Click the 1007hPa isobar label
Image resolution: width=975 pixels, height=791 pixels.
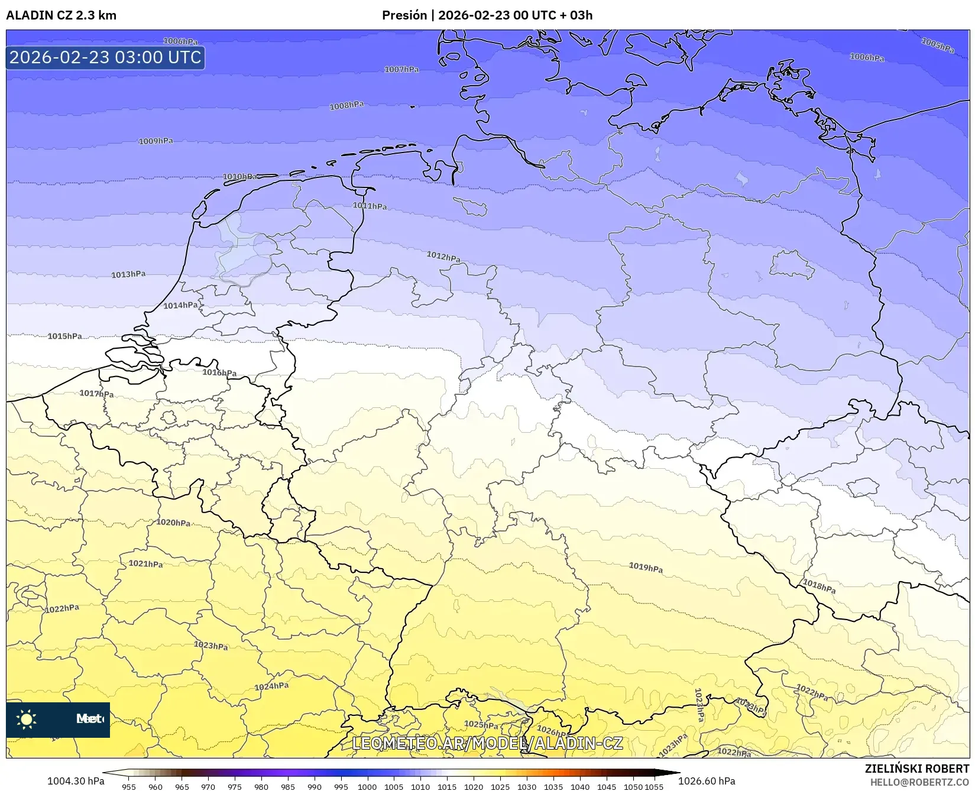(401, 70)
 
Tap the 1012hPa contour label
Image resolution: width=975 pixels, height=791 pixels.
(443, 257)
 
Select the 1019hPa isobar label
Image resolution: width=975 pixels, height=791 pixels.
(646, 568)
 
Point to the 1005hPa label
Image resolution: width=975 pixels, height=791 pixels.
(938, 46)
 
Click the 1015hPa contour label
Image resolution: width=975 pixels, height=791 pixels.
(65, 336)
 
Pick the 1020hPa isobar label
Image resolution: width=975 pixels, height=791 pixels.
(173, 523)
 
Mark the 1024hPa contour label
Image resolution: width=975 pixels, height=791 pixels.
(271, 686)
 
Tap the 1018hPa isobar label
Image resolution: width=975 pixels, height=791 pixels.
(819, 586)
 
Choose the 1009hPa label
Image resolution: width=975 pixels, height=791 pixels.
(156, 141)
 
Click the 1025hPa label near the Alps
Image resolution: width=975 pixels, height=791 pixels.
(481, 725)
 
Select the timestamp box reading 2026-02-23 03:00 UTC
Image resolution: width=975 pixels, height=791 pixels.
(105, 57)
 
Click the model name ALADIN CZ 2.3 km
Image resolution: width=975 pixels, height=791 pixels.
(61, 15)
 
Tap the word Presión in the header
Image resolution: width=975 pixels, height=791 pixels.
(404, 15)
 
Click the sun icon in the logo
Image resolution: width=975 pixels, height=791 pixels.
(27, 719)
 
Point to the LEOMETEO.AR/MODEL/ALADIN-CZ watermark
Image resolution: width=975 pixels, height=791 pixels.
(487, 743)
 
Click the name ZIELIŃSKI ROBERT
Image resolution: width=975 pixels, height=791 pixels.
(917, 769)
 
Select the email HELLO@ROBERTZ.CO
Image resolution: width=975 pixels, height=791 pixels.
(919, 782)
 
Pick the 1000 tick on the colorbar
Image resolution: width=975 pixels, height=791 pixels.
(367, 786)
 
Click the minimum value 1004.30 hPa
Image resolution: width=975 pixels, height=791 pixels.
(76, 781)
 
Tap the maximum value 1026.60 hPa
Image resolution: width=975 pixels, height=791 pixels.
(707, 781)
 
